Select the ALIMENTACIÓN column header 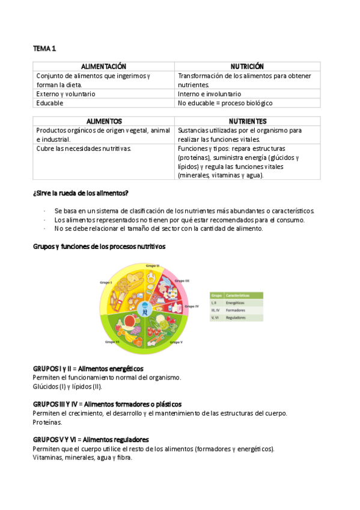coord(103,66)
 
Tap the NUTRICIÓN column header coord(247,66)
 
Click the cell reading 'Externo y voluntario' coord(66,94)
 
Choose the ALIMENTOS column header coord(104,121)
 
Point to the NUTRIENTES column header coord(248,121)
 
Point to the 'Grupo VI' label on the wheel coord(112,342)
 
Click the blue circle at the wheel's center coord(144,309)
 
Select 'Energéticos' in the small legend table coord(236,303)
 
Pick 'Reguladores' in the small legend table coord(236,319)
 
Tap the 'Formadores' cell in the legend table coord(236,311)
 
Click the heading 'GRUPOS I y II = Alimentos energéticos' coord(88,368)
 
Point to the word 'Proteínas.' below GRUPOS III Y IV coord(47,422)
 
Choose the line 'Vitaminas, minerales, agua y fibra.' coord(82,458)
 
